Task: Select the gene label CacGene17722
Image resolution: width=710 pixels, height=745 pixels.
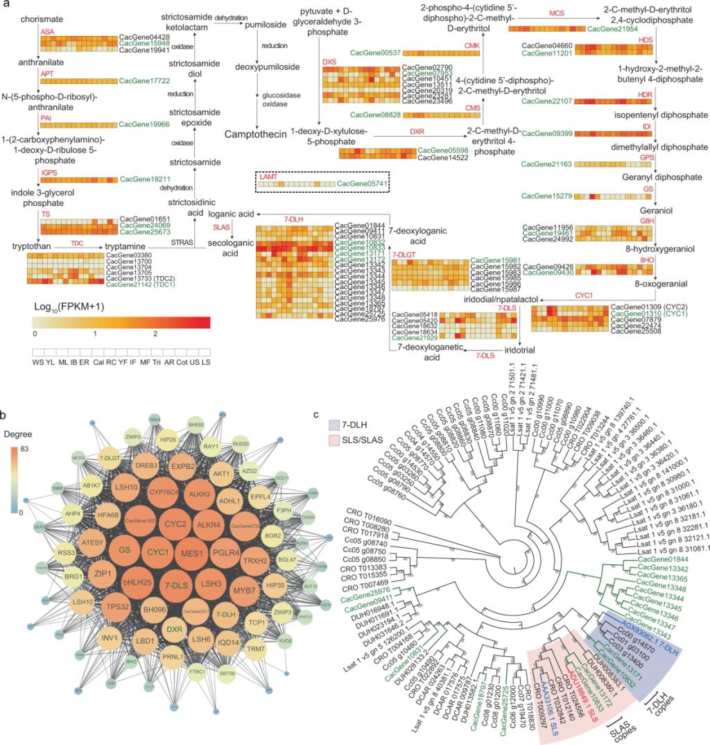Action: pos(141,80)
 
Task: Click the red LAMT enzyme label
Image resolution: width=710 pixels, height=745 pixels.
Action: pos(268,178)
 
